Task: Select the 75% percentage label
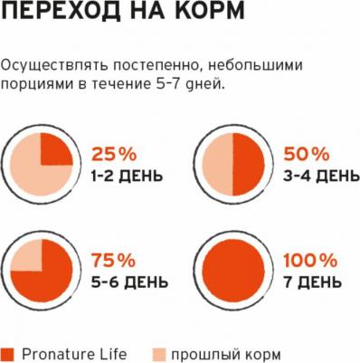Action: coord(113,259)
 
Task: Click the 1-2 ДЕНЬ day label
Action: coord(127,173)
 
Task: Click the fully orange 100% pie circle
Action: coord(233,271)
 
